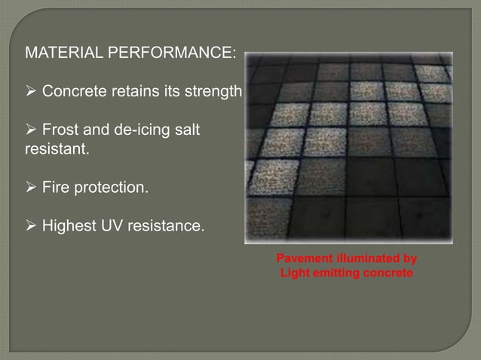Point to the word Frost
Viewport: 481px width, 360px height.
coord(60,131)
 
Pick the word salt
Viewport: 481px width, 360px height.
coord(185,131)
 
